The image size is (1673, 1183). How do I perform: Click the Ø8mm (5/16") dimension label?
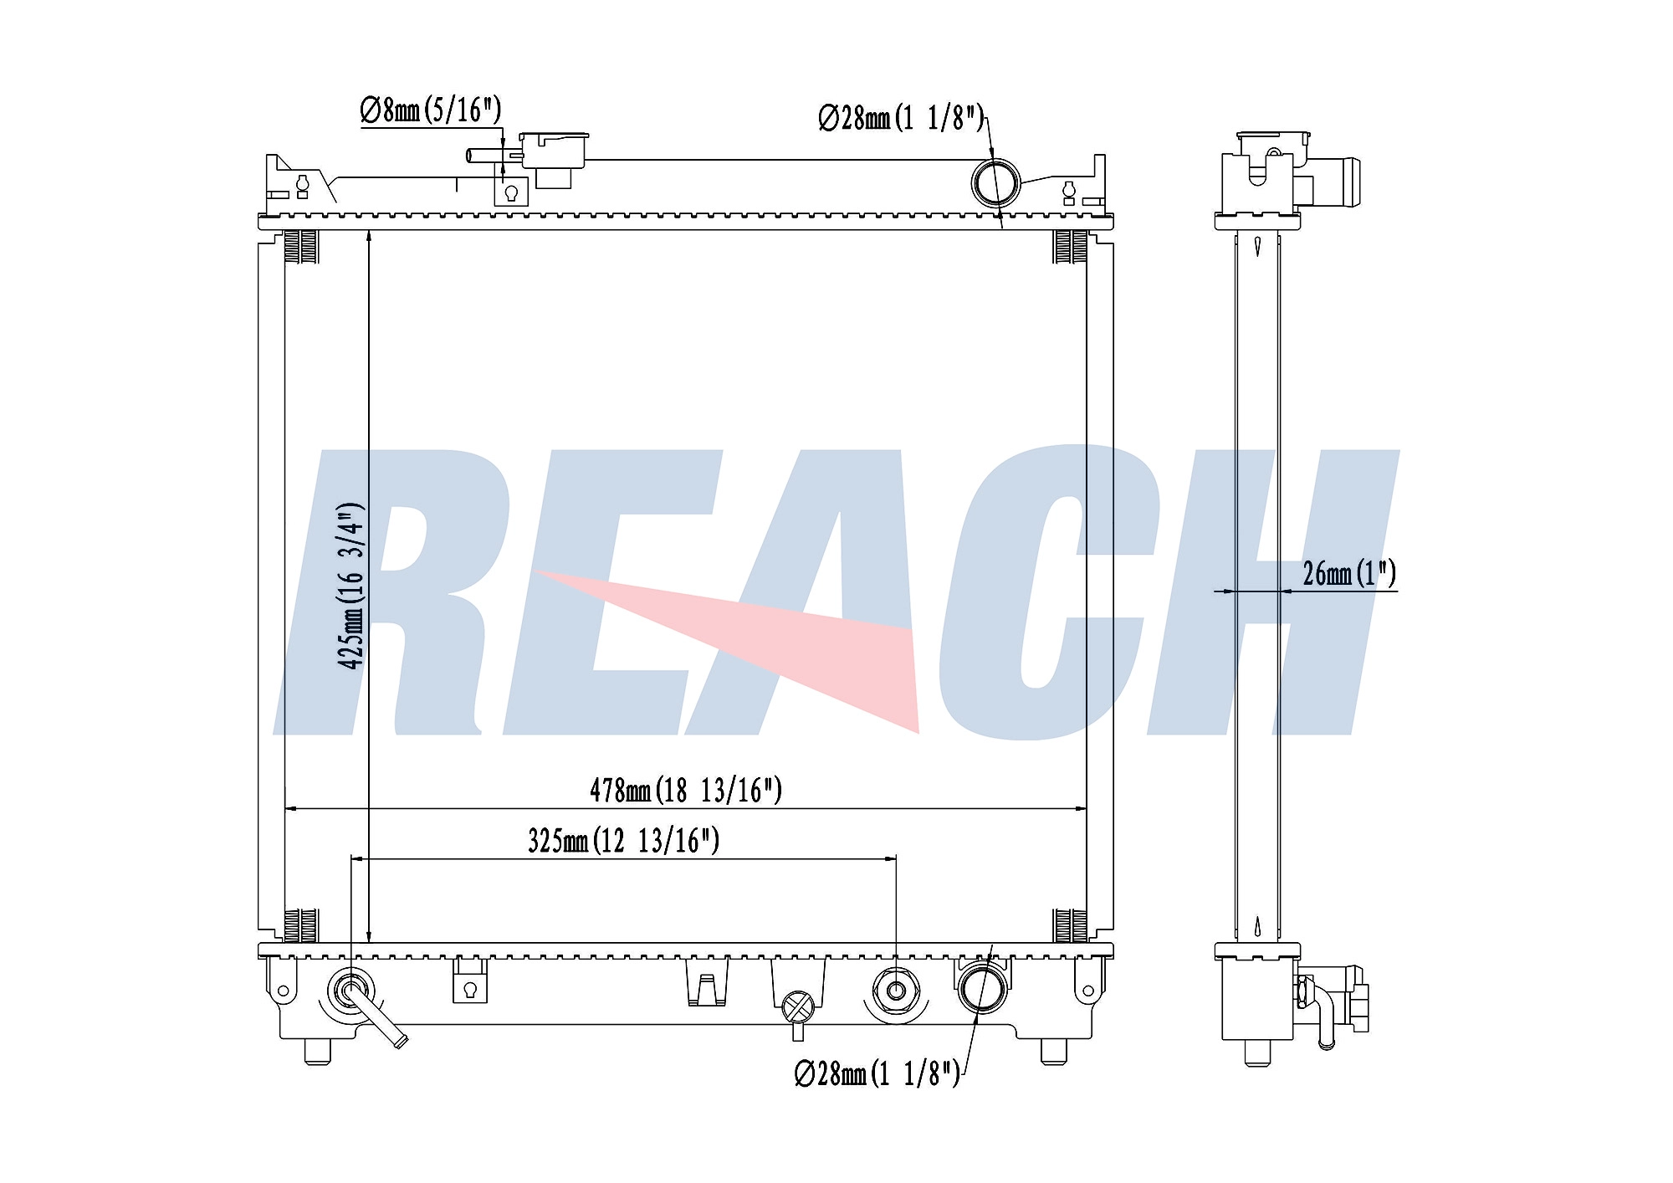click(431, 110)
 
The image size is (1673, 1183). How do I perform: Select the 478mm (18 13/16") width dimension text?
click(686, 790)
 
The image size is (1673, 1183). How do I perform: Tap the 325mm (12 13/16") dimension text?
click(623, 840)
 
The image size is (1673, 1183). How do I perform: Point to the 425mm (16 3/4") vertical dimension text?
click(351, 586)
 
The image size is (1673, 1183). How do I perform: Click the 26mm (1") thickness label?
click(1349, 573)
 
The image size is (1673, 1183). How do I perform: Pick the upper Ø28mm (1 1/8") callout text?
click(901, 118)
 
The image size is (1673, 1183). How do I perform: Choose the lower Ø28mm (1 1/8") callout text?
click(877, 1073)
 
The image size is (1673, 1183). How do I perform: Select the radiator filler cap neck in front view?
click(553, 159)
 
